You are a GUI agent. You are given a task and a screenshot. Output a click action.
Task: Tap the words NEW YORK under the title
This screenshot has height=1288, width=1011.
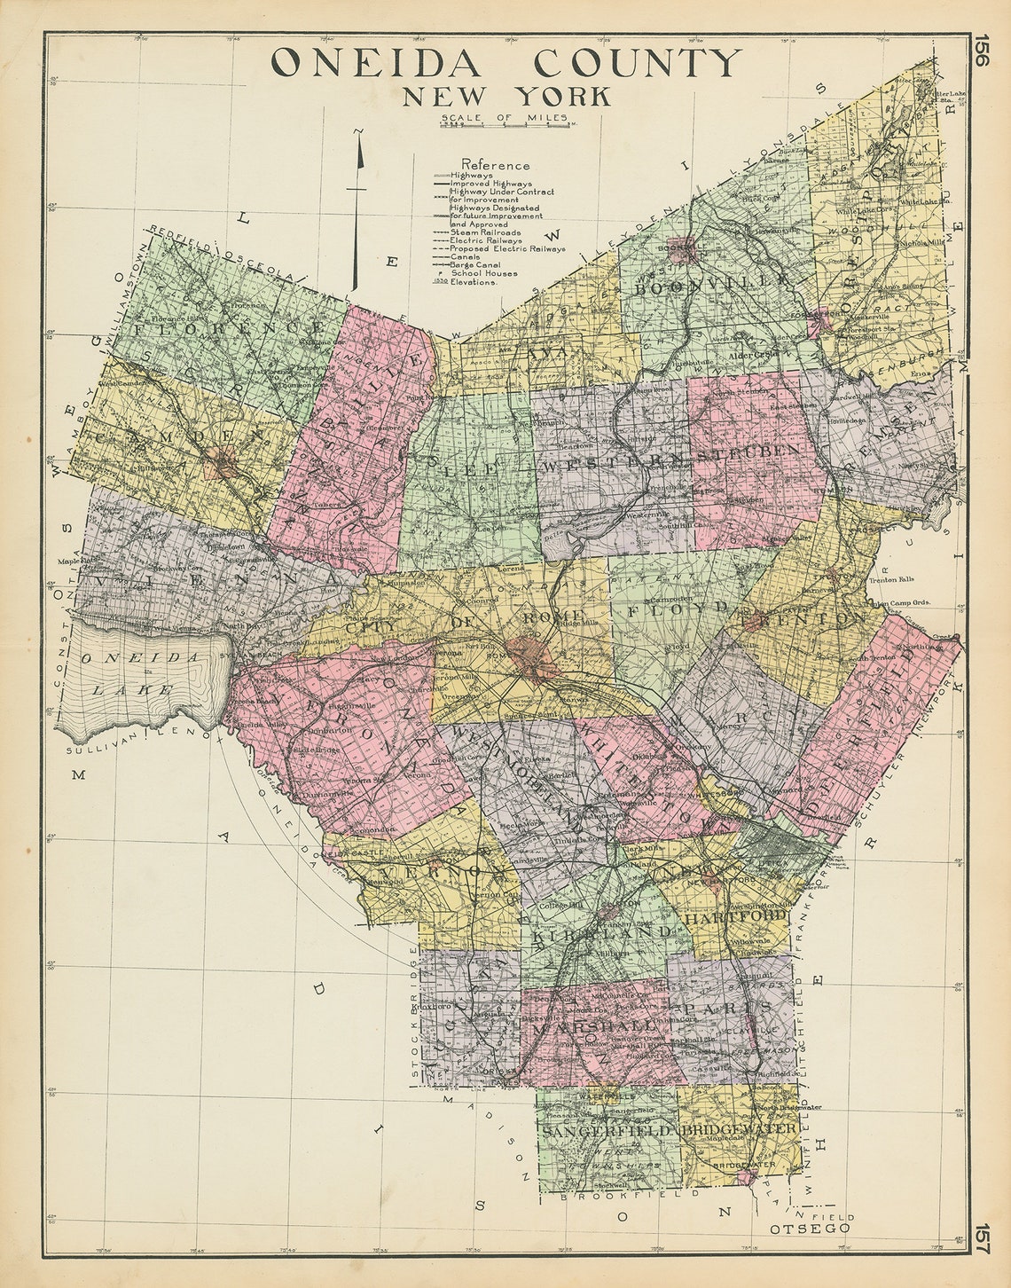coord(506,96)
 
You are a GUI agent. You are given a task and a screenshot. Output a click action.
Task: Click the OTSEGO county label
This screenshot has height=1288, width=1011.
coord(810,1228)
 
